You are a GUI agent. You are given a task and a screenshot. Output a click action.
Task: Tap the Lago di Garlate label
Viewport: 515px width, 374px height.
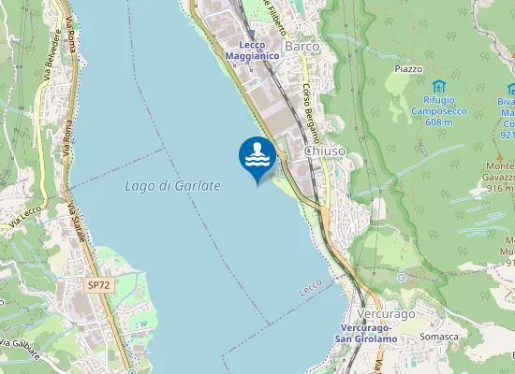point(172,186)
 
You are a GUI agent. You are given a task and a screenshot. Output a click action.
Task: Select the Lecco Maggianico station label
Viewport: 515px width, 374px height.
point(253,50)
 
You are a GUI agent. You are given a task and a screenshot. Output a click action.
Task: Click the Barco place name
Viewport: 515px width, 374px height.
point(302,46)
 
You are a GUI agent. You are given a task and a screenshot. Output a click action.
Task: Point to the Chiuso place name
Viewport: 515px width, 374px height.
point(325,151)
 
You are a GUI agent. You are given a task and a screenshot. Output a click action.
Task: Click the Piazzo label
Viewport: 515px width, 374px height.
point(408,69)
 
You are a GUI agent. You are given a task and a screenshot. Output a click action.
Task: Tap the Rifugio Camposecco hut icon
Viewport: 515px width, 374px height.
point(438,87)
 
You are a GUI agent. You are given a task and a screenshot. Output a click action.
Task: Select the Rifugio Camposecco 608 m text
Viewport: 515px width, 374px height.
point(438,111)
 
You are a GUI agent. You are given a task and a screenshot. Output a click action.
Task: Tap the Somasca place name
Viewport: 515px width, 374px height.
point(439,337)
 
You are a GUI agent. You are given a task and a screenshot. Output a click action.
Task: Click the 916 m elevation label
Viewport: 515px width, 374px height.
point(501,188)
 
